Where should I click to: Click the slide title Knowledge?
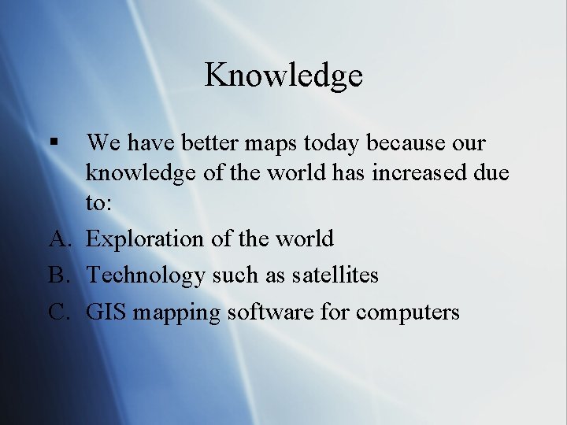click(x=283, y=76)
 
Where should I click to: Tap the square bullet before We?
click(x=54, y=144)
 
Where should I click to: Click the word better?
click(x=208, y=144)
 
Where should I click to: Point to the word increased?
click(x=415, y=172)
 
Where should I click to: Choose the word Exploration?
click(x=145, y=239)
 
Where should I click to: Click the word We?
click(x=102, y=144)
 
